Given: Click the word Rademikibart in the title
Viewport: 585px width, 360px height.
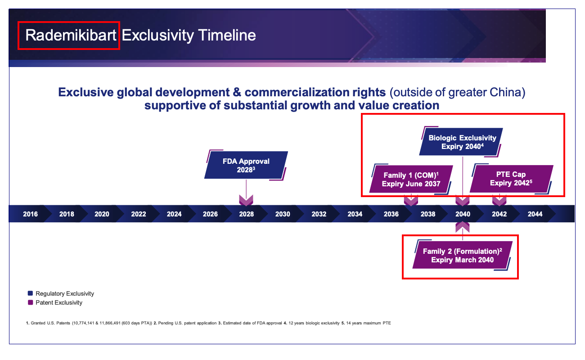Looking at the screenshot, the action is (x=71, y=35).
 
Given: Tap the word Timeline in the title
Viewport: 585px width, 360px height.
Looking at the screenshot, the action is (x=227, y=35).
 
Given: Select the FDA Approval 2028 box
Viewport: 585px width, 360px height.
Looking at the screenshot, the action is (x=246, y=165).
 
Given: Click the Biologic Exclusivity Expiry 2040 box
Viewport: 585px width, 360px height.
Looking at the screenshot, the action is (x=461, y=142).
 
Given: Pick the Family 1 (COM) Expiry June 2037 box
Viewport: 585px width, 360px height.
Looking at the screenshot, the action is (x=411, y=179).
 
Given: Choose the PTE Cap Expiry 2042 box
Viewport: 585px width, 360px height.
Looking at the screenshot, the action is (x=511, y=179).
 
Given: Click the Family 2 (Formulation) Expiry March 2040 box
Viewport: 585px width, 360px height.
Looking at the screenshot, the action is (x=462, y=255).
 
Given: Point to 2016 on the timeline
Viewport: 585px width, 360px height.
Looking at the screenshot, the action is (x=30, y=214).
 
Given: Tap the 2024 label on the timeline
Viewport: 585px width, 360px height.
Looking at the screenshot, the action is (x=174, y=214).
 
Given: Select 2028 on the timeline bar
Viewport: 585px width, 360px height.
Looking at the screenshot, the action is (x=246, y=214).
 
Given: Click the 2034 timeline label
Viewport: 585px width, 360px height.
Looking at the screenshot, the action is (x=355, y=214).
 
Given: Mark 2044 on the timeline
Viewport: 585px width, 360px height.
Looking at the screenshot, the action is (x=535, y=214).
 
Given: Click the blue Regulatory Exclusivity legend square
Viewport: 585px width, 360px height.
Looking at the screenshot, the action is (x=30, y=293).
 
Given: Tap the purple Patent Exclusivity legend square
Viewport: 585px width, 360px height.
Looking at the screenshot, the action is (x=30, y=302).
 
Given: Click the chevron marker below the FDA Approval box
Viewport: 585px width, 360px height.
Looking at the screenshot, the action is (x=246, y=200).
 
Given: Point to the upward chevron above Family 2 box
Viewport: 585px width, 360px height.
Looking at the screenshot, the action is (x=463, y=227).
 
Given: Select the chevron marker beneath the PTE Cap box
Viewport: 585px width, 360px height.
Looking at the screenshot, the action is (x=499, y=200).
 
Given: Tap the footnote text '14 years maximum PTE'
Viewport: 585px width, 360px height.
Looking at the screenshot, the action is (x=369, y=323).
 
